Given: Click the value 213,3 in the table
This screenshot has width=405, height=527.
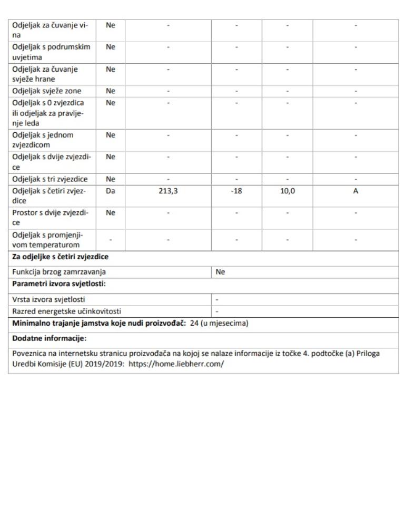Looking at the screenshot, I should click(x=168, y=191).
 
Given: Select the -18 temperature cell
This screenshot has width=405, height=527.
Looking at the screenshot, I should click(x=236, y=191).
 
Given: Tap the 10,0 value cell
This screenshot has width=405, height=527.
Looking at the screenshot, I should click(x=287, y=191).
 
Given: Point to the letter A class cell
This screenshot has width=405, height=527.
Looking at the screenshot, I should click(x=355, y=191).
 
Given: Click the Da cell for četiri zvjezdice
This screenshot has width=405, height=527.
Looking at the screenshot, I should click(x=110, y=191).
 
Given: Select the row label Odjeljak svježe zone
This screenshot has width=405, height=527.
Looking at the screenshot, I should click(x=46, y=91).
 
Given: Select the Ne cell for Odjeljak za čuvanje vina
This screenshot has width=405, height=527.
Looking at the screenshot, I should click(x=110, y=25).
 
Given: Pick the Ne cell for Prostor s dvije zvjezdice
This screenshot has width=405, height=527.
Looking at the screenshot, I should click(x=110, y=213).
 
